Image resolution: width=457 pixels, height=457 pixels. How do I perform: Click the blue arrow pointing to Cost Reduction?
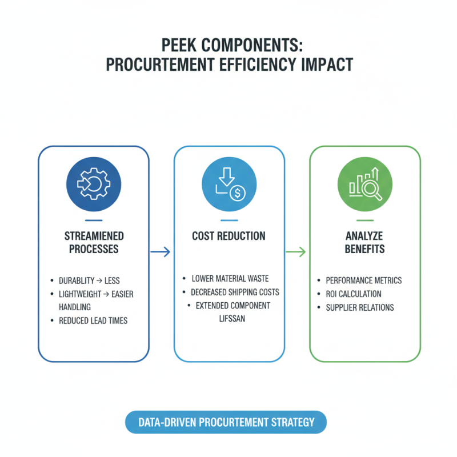click(161, 251)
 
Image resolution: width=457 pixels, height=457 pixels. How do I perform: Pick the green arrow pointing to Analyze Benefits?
click(296, 251)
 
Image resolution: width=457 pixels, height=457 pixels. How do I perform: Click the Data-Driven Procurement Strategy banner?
click(226, 423)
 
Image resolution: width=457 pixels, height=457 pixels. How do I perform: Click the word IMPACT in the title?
click(324, 65)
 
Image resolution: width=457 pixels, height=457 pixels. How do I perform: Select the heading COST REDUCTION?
click(228, 236)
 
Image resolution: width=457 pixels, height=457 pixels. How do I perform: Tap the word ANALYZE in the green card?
click(364, 236)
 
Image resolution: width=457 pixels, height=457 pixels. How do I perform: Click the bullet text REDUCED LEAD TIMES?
click(93, 320)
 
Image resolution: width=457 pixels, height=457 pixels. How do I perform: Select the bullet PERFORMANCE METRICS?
click(364, 280)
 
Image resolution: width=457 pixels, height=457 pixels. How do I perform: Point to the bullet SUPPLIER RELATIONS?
click(360, 307)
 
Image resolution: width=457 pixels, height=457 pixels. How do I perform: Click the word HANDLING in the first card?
click(75, 307)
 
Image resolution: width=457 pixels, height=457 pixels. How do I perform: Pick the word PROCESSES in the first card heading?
click(94, 249)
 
